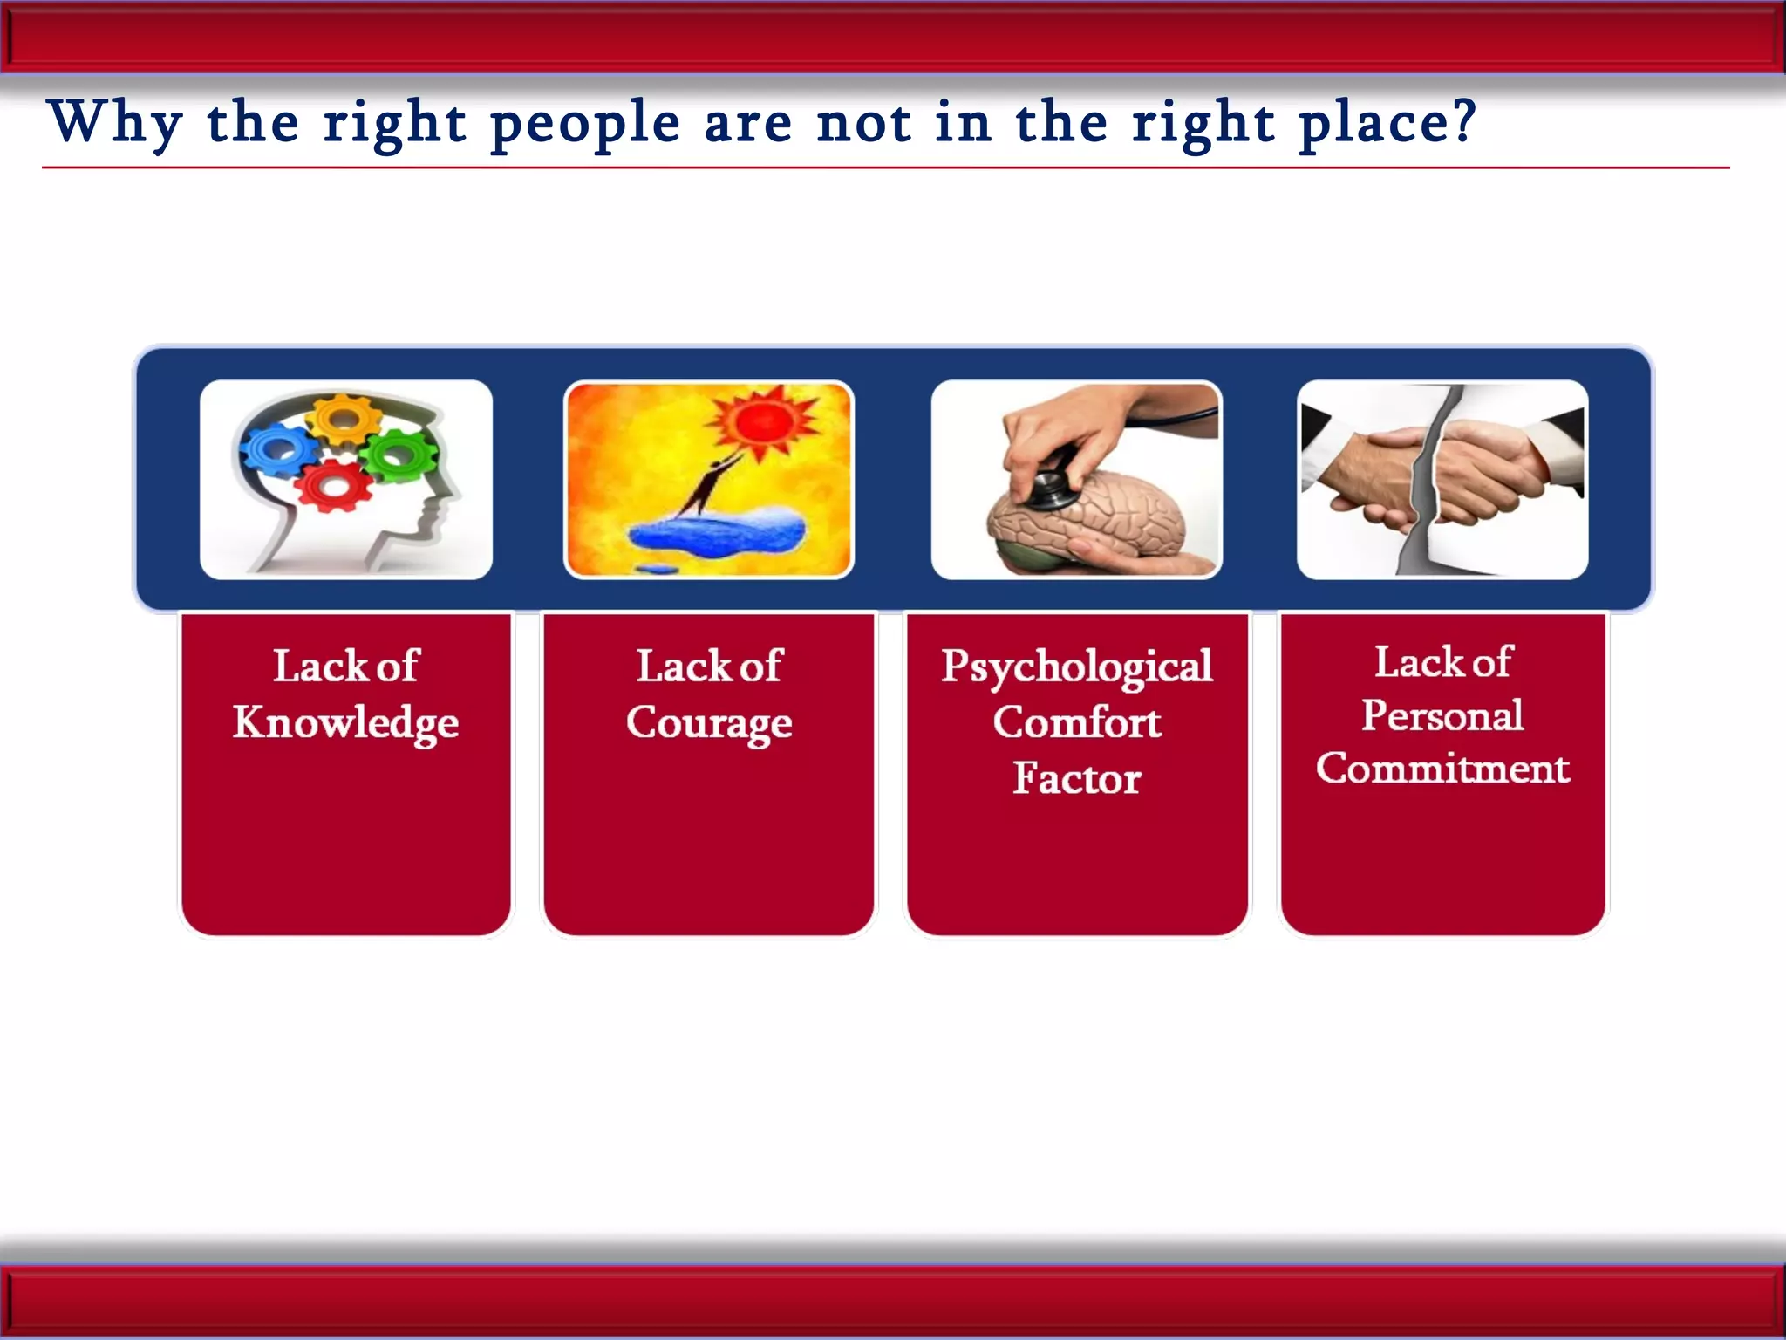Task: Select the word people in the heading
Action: click(584, 125)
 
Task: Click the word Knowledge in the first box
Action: click(345, 723)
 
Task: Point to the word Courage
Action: click(709, 723)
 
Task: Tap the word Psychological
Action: click(1076, 668)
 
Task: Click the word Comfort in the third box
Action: click(1076, 722)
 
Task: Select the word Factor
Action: click(1076, 778)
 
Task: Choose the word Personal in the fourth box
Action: click(1442, 716)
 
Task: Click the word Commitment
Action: click(1442, 769)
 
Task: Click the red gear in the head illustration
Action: click(333, 485)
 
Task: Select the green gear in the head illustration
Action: click(399, 455)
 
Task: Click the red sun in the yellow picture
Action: click(761, 422)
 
